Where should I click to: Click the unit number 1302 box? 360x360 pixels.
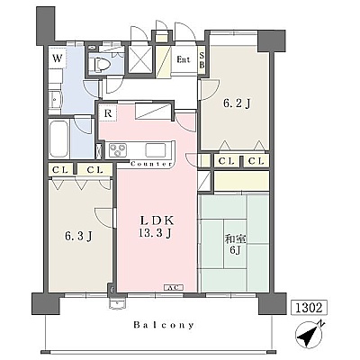pyautogui.click(x=309, y=308)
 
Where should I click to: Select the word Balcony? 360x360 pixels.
pyautogui.click(x=164, y=325)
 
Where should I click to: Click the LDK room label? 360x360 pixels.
pyautogui.click(x=157, y=220)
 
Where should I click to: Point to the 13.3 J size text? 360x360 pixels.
pyautogui.click(x=155, y=232)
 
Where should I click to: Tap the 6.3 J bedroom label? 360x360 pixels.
pyautogui.click(x=78, y=236)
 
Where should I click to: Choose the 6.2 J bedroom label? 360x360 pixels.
pyautogui.click(x=237, y=103)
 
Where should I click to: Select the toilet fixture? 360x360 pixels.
pyautogui.click(x=100, y=64)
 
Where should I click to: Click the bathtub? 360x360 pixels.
pyautogui.click(x=58, y=139)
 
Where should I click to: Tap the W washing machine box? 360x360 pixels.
pyautogui.click(x=57, y=58)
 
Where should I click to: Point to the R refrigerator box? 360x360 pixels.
pyautogui.click(x=108, y=113)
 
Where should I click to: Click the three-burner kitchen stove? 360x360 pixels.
pyautogui.click(x=118, y=149)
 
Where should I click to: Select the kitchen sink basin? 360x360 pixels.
pyautogui.click(x=156, y=149)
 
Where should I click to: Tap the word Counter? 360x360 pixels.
pyautogui.click(x=151, y=164)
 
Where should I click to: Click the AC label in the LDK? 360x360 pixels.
pyautogui.click(x=174, y=287)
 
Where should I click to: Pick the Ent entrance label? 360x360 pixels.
pyautogui.click(x=184, y=59)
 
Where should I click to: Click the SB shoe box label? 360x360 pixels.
pyautogui.click(x=202, y=59)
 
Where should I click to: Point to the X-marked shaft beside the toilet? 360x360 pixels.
pyautogui.click(x=140, y=59)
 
